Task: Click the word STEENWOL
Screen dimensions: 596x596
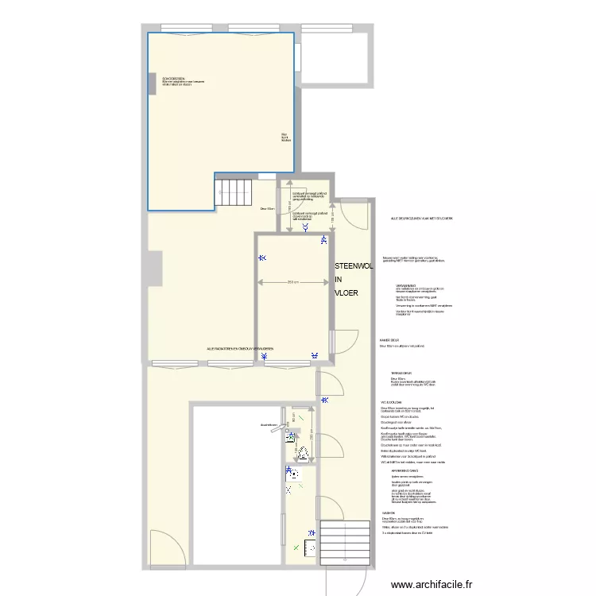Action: click(x=354, y=267)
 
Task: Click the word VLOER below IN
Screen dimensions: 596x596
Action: click(x=346, y=293)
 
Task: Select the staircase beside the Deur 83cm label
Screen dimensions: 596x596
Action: click(x=232, y=192)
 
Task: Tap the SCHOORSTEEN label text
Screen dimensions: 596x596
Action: click(x=174, y=79)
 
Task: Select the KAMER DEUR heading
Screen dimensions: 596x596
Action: click(x=389, y=340)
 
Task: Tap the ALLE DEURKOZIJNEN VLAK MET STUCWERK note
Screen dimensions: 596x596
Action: click(x=421, y=218)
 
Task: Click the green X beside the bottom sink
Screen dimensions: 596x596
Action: click(x=298, y=547)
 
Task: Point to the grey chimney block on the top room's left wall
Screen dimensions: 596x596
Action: click(x=151, y=83)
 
